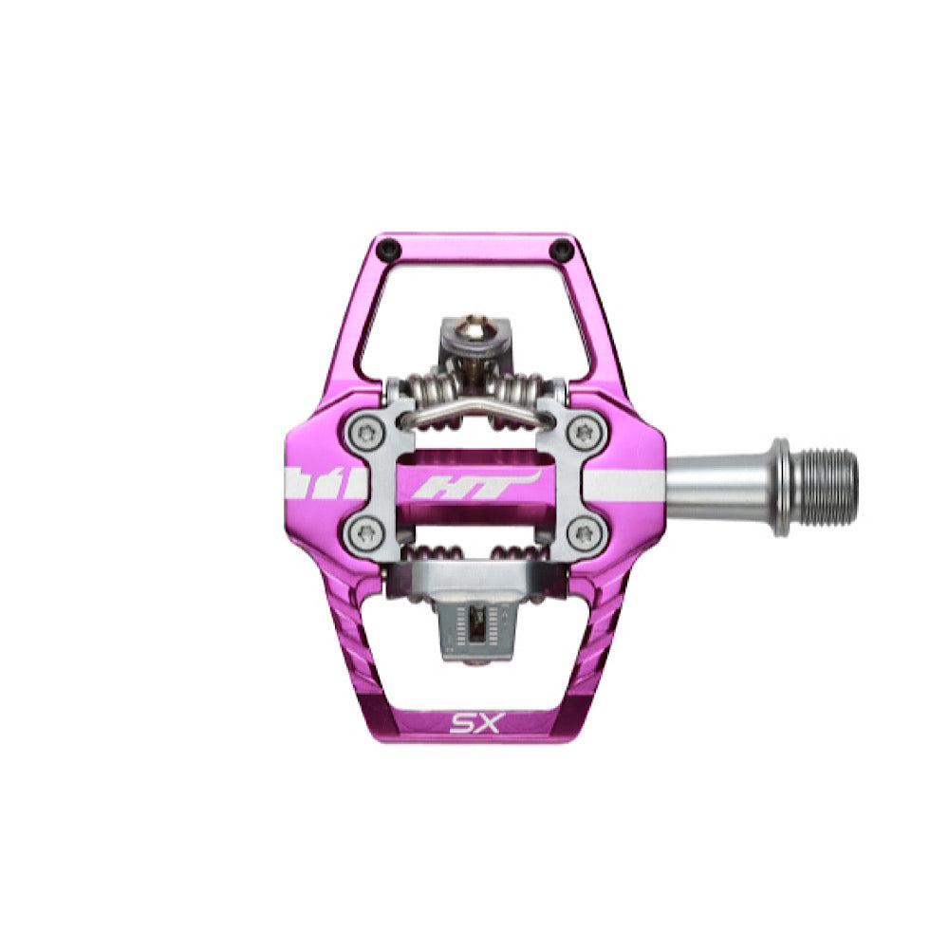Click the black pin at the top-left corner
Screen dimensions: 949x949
click(387, 248)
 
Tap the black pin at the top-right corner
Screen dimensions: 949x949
click(562, 248)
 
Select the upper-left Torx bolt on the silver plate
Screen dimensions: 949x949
click(365, 433)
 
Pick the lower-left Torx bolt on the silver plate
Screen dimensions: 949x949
click(365, 533)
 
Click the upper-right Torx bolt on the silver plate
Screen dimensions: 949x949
click(586, 433)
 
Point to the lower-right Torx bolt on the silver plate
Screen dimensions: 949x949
click(586, 533)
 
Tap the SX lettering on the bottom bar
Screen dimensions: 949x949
click(475, 722)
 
